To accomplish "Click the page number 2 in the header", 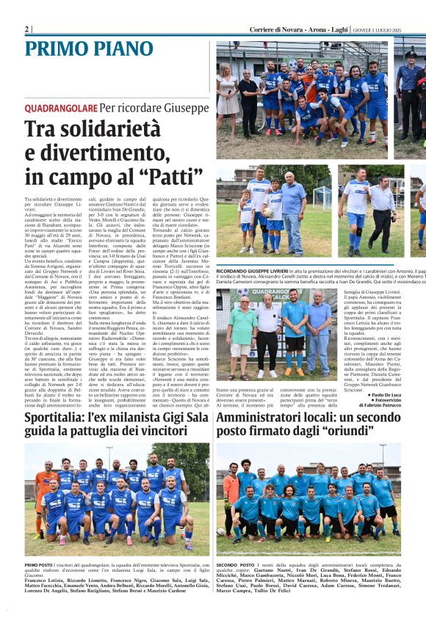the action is coord(27,29).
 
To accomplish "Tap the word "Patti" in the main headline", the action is coord(161,178).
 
